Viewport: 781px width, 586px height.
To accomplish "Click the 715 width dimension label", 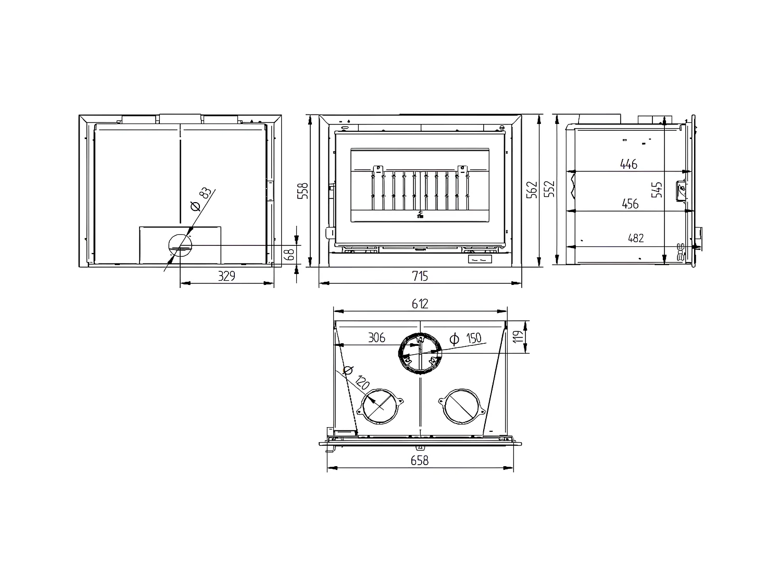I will click(x=420, y=276).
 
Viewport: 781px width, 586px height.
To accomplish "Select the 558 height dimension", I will click(x=305, y=190).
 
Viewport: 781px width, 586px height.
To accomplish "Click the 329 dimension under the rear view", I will click(x=226, y=276).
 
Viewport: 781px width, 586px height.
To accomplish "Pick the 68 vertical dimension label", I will click(x=290, y=254).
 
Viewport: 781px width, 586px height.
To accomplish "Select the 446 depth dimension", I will click(x=628, y=164).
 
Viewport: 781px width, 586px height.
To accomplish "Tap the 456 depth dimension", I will click(x=629, y=204).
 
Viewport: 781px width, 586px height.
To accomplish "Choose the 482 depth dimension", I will click(x=636, y=238).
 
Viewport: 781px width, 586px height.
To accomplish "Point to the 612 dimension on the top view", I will click(x=420, y=304).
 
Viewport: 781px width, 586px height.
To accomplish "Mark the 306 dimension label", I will click(x=376, y=338).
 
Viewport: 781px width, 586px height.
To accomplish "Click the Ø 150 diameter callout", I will click(x=465, y=339).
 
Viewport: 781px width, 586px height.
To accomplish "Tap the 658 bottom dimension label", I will click(x=420, y=460).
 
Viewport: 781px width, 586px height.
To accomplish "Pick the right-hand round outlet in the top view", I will click(x=461, y=406).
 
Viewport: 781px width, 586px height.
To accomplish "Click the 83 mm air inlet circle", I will click(x=180, y=246).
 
